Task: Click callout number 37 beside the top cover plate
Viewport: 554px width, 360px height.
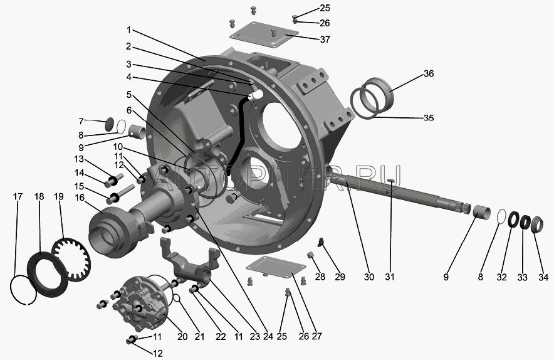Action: click(325, 39)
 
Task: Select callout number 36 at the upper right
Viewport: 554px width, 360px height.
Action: click(429, 73)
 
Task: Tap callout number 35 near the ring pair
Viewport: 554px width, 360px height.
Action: click(429, 117)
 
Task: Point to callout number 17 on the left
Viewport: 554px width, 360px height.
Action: click(18, 196)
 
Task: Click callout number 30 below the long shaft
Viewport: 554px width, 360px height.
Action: click(369, 277)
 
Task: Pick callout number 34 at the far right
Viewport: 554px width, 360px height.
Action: click(543, 277)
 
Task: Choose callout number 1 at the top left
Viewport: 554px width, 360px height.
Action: click(128, 30)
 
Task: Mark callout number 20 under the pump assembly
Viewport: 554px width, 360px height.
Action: click(182, 336)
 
